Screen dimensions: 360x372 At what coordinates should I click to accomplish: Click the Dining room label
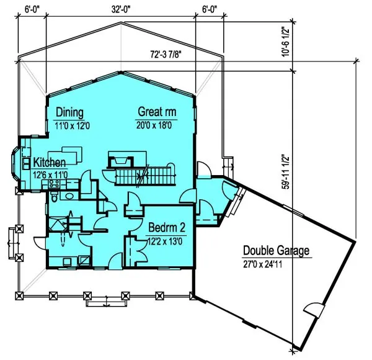[x=69, y=112]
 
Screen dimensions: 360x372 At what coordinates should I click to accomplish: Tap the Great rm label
[x=157, y=112]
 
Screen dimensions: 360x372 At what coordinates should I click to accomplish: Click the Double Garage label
[x=276, y=251]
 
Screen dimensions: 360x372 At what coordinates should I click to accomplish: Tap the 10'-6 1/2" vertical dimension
[x=286, y=41]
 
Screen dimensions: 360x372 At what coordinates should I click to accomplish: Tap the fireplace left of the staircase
[x=120, y=160]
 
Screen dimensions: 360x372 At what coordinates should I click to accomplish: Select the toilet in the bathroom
[x=55, y=198]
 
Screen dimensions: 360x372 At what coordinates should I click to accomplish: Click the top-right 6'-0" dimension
[x=210, y=9]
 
